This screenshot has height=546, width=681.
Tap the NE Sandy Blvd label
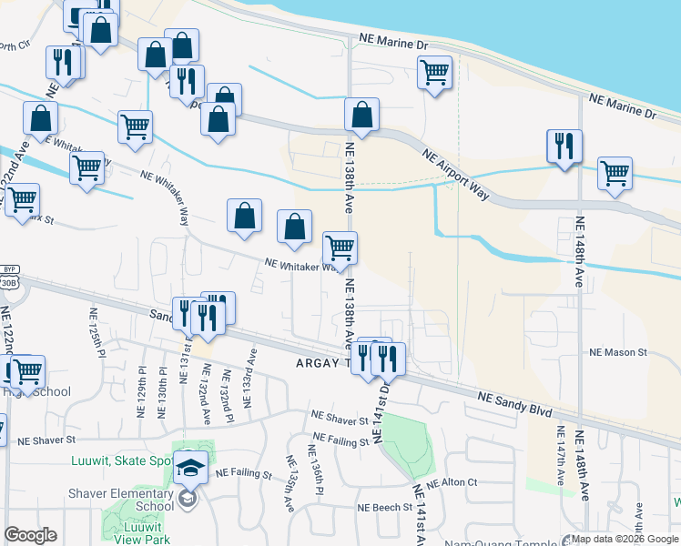coord(516,404)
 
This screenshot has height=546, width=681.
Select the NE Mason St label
coord(617,352)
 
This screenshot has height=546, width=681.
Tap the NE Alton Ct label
coord(452,482)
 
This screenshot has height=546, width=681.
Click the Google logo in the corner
coord(30,535)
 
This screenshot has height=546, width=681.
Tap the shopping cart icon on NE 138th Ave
coord(340,246)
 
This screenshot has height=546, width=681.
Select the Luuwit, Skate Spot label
coord(121,461)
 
